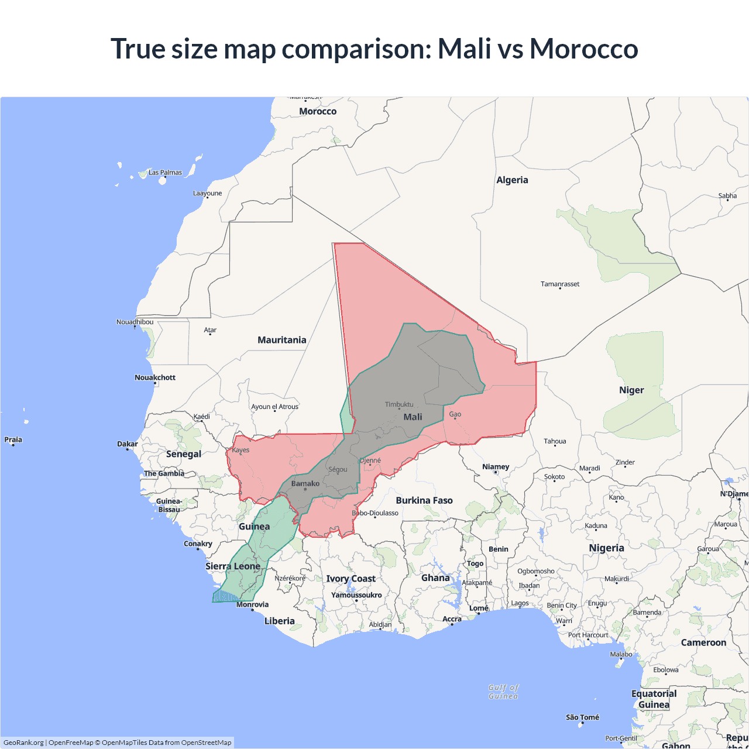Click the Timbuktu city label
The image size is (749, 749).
point(399,404)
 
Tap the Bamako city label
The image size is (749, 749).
point(305,483)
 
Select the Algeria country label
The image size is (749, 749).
point(512,180)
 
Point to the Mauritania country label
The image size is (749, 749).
point(281,340)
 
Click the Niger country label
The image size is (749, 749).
point(631,390)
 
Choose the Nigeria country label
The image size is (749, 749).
point(606,548)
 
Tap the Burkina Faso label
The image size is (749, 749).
point(424,500)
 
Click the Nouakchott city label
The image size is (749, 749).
point(155,377)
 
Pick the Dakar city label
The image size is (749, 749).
point(128,444)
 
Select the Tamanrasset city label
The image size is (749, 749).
point(560,284)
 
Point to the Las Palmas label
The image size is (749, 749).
point(165,173)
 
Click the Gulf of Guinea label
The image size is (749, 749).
point(503,692)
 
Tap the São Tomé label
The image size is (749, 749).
point(582,717)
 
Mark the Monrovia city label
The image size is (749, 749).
point(253,604)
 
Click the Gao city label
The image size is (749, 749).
point(455,414)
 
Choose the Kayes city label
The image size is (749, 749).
point(240,450)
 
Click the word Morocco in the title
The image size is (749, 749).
point(583,49)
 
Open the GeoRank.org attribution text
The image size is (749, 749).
point(23,743)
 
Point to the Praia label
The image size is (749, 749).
point(13,439)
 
